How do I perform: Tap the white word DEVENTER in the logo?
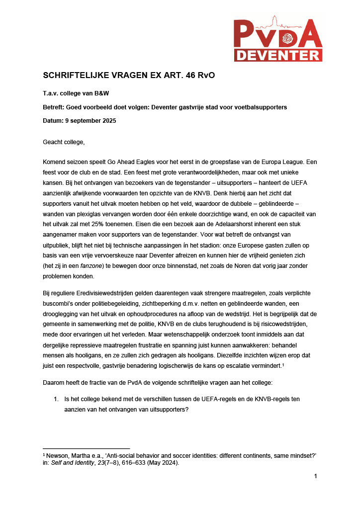[278, 54]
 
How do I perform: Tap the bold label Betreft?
[56, 107]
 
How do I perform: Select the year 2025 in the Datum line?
[108, 121]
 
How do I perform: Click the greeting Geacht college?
[64, 143]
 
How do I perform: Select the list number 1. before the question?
[56, 399]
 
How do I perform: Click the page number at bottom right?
[315, 477]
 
